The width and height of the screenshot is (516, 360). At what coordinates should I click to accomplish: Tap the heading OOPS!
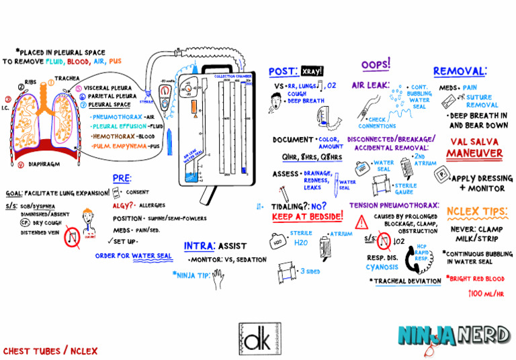[x=376, y=64]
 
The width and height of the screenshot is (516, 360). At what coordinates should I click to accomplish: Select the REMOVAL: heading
[x=460, y=71]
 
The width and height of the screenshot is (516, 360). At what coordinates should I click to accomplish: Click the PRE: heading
[x=122, y=179]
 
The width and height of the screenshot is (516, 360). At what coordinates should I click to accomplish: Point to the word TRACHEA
[x=67, y=79]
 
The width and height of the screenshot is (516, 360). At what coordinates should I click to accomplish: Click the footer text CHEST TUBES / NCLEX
[x=50, y=351]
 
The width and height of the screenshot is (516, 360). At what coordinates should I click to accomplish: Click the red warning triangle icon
[x=361, y=220]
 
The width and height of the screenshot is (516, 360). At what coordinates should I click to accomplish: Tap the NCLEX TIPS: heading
[x=476, y=212]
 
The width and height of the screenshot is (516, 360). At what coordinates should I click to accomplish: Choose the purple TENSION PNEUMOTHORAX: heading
[x=394, y=204]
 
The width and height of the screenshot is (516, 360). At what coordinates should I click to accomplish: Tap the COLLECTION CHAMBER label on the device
[x=233, y=77]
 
